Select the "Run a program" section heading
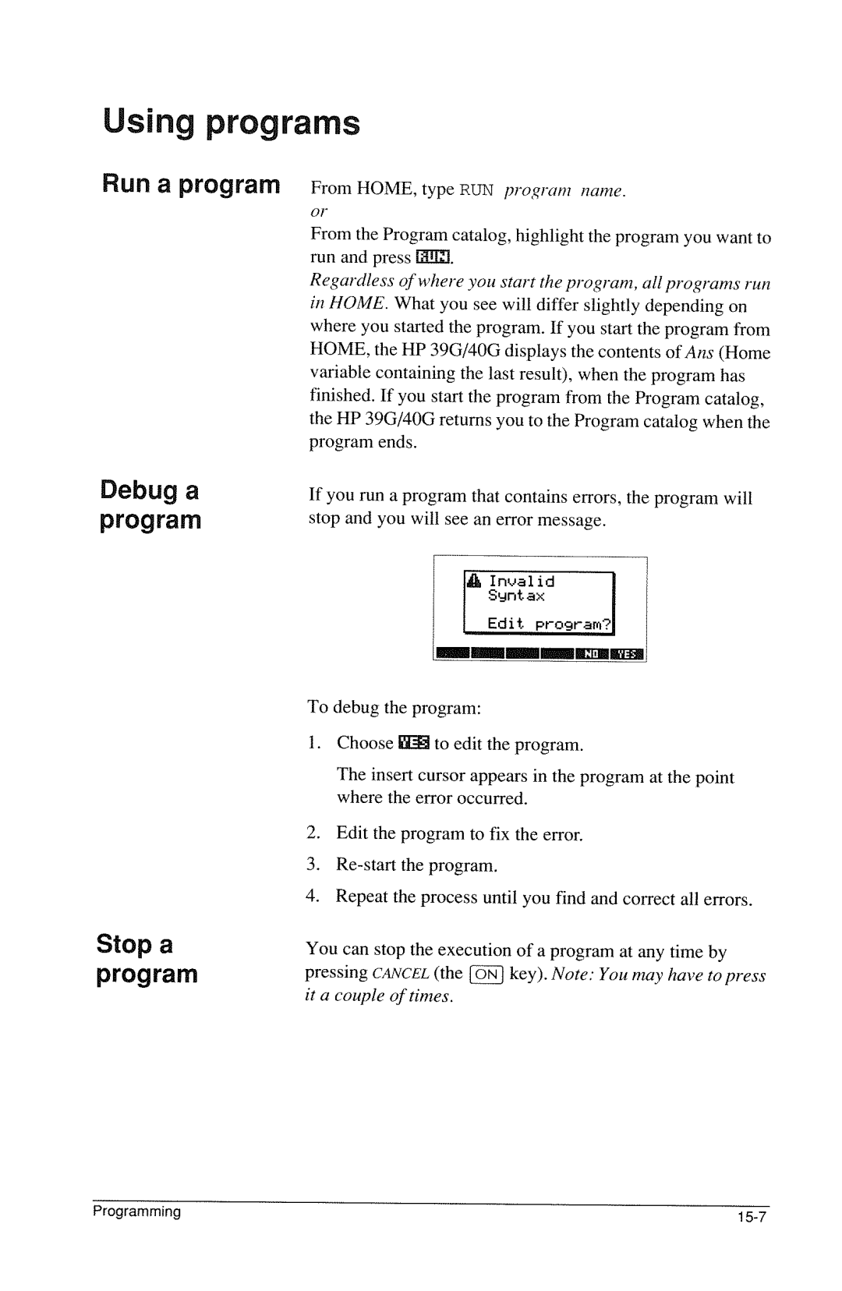tap(190, 185)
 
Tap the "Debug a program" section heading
tap(150, 505)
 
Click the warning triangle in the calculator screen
tap(475, 581)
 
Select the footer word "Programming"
tap(137, 1212)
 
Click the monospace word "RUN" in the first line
tap(476, 189)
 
